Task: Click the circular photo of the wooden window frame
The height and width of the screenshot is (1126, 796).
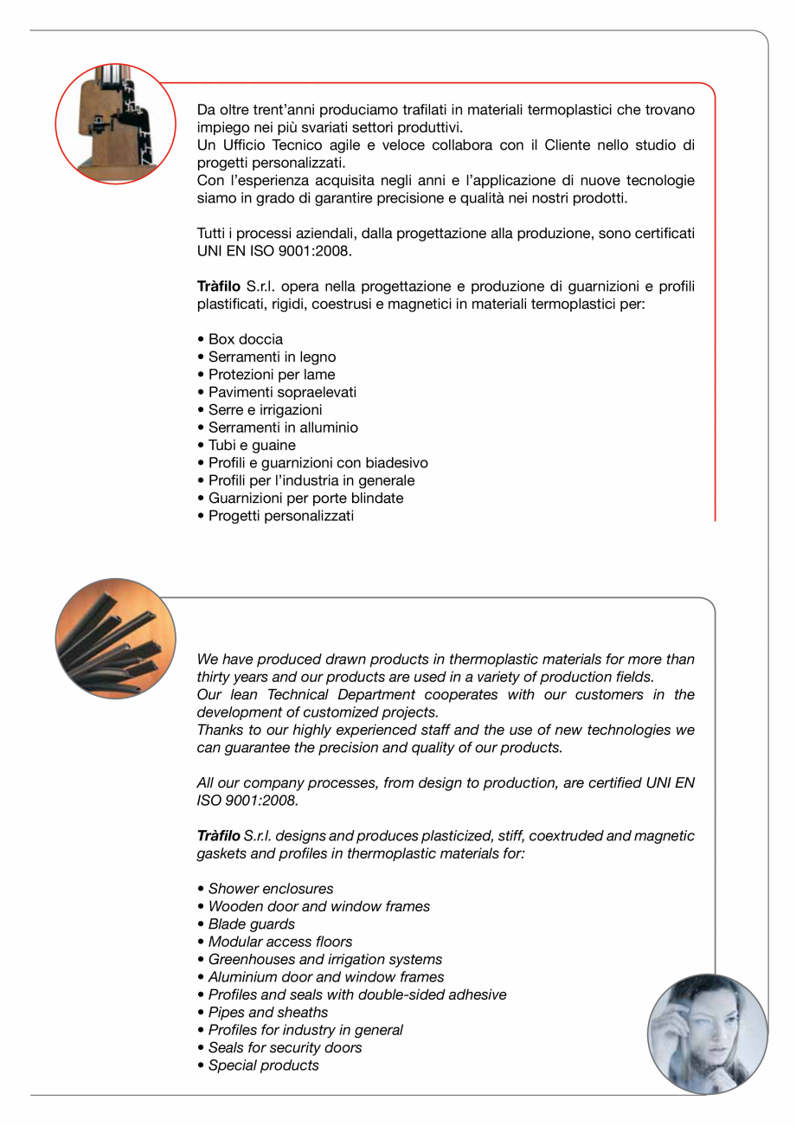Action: (x=115, y=123)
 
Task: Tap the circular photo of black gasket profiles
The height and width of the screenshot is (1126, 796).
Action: (x=115, y=639)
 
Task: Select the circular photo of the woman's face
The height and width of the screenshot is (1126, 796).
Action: (x=707, y=1034)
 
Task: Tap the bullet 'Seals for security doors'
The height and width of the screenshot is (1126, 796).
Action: (x=285, y=1047)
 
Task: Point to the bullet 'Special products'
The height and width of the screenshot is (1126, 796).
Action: (x=263, y=1065)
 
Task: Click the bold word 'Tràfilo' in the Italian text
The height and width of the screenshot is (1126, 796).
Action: (x=219, y=286)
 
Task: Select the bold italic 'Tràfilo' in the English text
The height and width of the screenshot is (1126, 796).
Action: (x=219, y=836)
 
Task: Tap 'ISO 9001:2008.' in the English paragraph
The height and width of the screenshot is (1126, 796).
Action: (x=247, y=801)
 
